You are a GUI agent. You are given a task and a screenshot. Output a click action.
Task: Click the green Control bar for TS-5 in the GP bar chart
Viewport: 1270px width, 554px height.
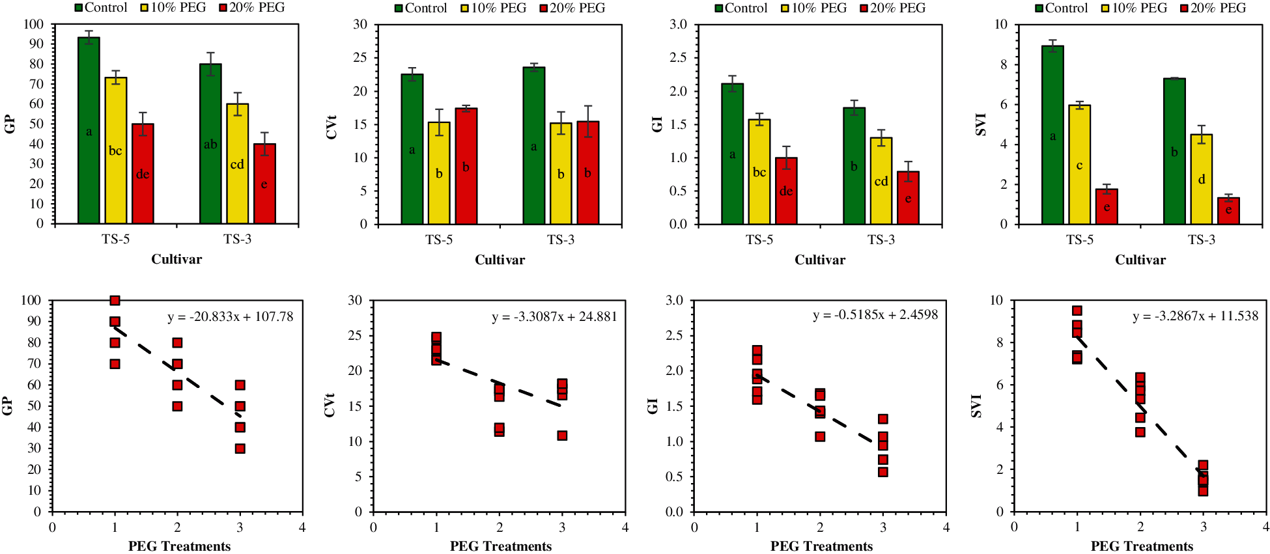tap(89, 130)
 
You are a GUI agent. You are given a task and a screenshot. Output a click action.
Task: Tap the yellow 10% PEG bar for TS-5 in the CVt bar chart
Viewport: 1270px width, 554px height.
tap(439, 173)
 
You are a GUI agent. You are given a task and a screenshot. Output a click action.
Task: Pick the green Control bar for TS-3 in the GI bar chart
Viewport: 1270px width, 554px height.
tap(854, 166)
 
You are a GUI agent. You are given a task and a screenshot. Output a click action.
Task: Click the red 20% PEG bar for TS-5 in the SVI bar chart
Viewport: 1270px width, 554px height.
tap(1107, 206)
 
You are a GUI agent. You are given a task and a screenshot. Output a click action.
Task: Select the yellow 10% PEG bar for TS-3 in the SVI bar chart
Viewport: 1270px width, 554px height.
tap(1202, 179)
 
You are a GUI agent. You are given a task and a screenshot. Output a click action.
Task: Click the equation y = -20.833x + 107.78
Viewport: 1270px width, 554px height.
tap(231, 317)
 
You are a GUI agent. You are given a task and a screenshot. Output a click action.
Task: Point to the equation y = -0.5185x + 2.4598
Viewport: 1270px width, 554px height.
tap(875, 315)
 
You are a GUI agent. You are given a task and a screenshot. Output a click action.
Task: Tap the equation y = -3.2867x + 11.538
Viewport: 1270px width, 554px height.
tap(1196, 317)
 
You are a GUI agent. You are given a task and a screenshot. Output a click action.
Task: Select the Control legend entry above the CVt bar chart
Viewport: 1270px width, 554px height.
tap(421, 8)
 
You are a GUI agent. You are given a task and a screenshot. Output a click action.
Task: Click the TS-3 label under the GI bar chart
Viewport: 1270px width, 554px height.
tap(881, 240)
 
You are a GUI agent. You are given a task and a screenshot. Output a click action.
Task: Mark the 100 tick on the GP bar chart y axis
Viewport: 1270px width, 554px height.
tap(34, 25)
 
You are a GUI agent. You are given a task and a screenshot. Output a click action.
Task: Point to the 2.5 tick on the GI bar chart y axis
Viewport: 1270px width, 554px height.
tap(678, 58)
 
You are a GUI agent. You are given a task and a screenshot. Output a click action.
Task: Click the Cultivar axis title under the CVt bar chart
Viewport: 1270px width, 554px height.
tap(500, 260)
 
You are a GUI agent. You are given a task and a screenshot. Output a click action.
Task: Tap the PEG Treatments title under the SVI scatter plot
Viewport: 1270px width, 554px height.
tap(1142, 546)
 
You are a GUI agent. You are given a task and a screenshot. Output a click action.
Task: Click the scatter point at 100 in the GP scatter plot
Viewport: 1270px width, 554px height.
tap(115, 301)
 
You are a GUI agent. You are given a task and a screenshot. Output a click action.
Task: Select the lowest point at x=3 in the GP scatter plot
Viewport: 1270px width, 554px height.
tap(240, 449)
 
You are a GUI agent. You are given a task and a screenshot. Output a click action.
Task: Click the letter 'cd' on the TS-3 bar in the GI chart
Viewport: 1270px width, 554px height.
tap(881, 182)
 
